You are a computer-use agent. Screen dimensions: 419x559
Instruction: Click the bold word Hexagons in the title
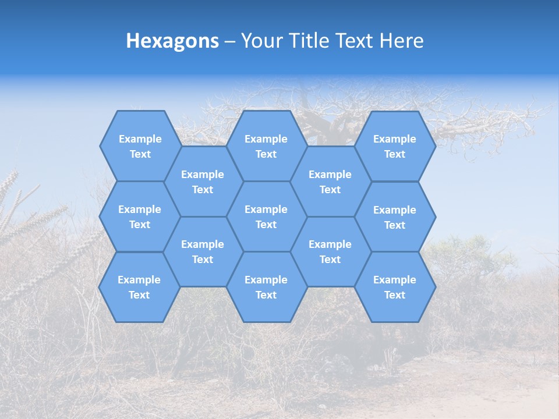point(172,41)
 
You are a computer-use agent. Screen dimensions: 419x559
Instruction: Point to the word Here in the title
point(402,41)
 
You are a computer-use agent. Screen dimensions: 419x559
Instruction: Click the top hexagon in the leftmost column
point(140,146)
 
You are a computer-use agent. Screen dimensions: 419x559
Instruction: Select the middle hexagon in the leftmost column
point(140,216)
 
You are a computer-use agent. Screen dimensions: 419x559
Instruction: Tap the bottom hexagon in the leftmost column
point(139,287)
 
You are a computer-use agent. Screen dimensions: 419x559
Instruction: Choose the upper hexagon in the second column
point(203,182)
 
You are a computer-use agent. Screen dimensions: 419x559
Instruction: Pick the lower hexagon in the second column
point(203,251)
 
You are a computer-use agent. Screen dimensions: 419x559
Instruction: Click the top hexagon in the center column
point(266,146)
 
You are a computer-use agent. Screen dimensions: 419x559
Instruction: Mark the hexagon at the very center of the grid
point(266,216)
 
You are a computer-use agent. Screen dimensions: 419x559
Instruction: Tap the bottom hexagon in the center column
point(266,287)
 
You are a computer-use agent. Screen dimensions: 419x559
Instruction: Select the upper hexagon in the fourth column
point(330,182)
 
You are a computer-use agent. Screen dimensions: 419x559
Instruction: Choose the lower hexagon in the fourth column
point(330,251)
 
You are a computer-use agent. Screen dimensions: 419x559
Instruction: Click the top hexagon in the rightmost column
point(395,146)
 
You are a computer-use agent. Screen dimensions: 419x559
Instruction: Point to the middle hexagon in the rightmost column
point(395,217)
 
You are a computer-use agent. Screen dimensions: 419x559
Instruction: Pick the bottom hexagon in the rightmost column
point(395,287)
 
